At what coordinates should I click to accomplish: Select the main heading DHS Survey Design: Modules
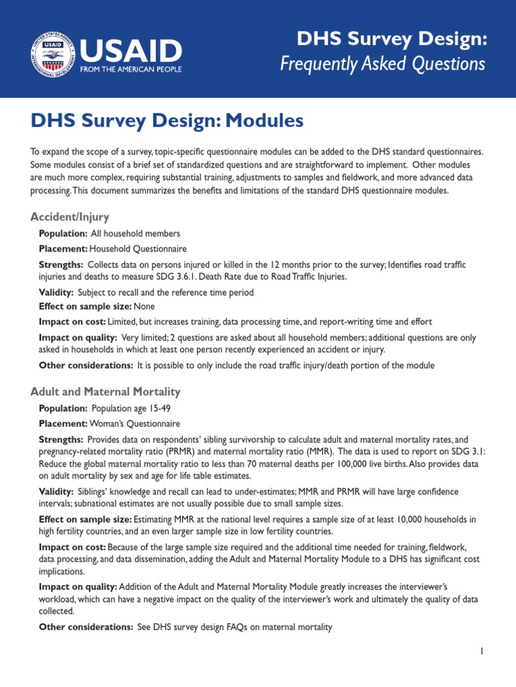167,121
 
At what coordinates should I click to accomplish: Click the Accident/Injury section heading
70,217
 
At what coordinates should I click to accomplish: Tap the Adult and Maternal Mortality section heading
105,391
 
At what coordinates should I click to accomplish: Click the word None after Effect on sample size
144,307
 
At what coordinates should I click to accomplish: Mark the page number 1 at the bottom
482,651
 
